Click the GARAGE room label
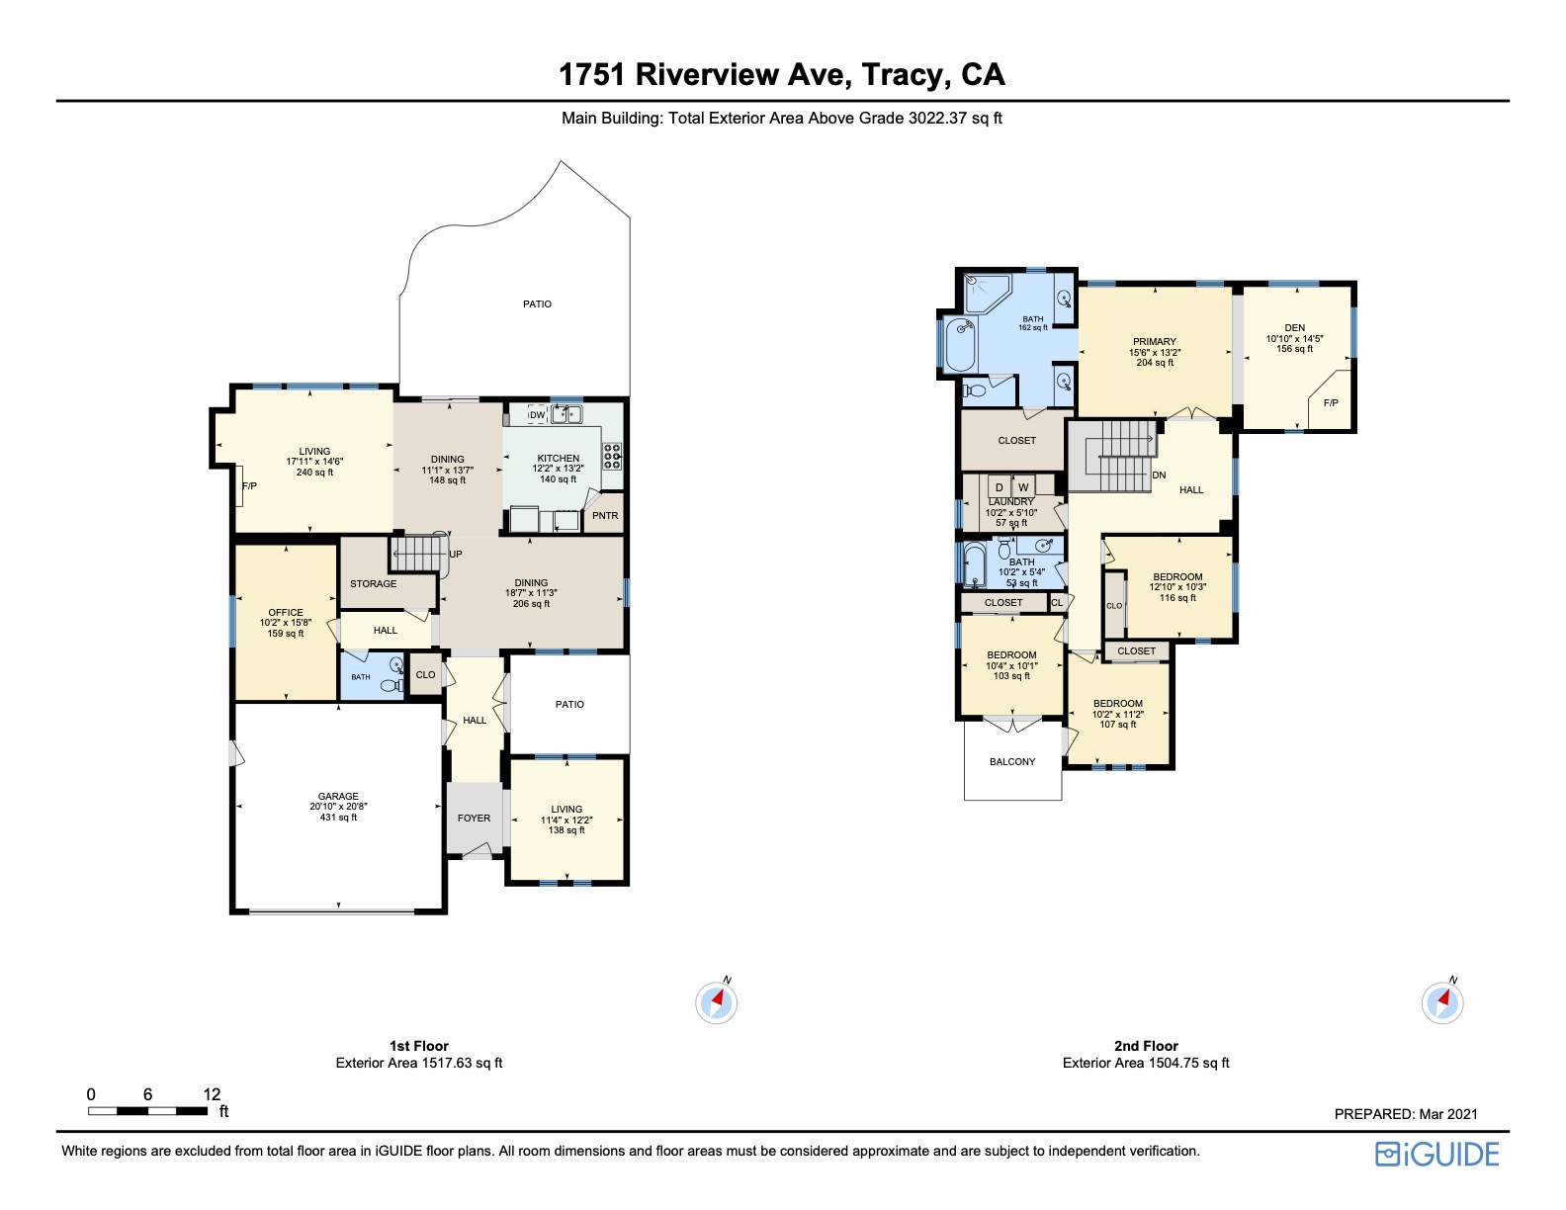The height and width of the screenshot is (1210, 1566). coord(338,796)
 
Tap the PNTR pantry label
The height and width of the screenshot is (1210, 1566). coord(605,515)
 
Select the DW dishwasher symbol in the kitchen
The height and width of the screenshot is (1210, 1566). coord(537,415)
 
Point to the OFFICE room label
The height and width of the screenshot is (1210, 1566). coord(286,612)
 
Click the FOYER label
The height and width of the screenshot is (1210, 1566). coord(474,818)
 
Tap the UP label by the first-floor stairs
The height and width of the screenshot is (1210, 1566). coord(456,554)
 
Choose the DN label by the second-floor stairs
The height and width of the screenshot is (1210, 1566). coord(1159,475)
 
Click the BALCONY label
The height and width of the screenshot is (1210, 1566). coord(1012,761)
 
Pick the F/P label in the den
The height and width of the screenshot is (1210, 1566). coord(1331,403)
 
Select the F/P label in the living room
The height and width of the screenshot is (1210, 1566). coord(249,485)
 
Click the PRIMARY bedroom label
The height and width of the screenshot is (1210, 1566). coord(1155,341)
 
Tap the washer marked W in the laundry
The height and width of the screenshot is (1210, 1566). coord(1023,487)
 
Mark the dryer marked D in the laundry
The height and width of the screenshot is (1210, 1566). coord(1000,487)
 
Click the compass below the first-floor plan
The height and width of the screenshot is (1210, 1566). coord(716,1002)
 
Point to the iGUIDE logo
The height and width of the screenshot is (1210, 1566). coord(1437,1154)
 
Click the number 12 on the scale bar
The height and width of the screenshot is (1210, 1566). coord(212,1094)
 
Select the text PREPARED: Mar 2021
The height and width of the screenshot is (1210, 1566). coord(1406,1114)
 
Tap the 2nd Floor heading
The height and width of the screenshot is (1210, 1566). coord(1146,1045)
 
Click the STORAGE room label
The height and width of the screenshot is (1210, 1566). coord(373,583)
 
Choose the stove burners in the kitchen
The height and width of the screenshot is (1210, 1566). coord(612,456)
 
